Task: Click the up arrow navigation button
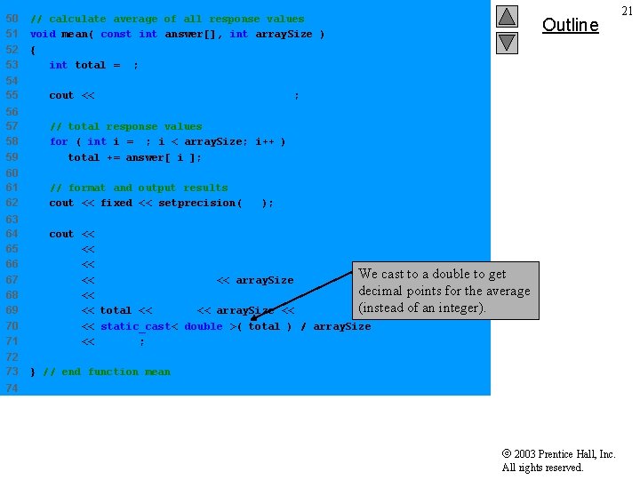point(507,17)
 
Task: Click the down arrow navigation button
point(507,42)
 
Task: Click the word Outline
point(571,25)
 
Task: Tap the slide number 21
point(628,11)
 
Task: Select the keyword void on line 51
point(43,34)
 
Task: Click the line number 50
point(12,19)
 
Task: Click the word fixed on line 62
point(116,203)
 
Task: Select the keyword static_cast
point(132,326)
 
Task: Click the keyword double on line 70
point(204,326)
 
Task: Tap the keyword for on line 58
point(59,141)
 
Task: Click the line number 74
point(12,388)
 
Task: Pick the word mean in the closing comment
point(157,372)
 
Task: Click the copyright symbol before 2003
point(506,454)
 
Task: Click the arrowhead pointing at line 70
point(253,316)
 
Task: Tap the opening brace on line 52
point(33,50)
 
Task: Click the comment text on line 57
point(125,126)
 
